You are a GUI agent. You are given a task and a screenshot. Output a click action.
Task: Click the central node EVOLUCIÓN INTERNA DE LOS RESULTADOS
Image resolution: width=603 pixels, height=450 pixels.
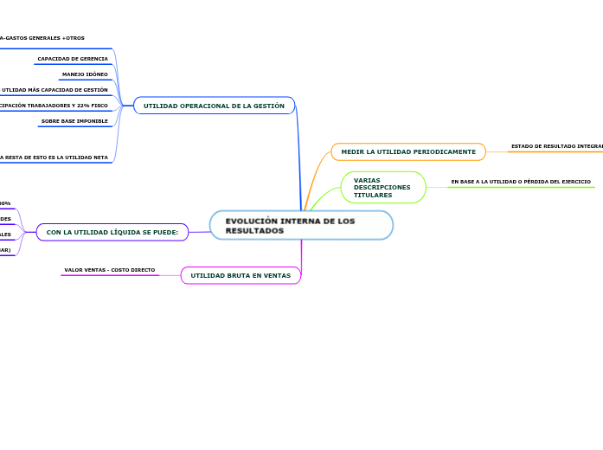coord(301,225)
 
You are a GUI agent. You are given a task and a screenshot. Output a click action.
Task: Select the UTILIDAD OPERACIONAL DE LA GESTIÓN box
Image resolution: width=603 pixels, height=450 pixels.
coord(214,106)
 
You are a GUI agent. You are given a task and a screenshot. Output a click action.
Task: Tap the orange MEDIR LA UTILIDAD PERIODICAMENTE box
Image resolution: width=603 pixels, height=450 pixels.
coord(408,151)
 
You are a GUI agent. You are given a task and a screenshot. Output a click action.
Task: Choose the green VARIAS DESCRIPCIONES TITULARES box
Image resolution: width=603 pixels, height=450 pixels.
coord(382,188)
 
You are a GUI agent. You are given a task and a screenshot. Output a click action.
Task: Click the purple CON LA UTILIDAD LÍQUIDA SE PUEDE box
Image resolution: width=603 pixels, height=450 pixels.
coord(112,232)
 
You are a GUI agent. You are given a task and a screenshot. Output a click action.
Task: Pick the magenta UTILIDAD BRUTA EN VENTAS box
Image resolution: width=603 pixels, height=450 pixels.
coord(241,275)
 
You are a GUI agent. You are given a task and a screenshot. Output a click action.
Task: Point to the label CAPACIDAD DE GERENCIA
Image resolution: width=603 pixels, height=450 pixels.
coord(73,59)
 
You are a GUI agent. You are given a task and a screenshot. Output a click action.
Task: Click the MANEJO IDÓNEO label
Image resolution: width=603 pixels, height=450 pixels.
coord(85,74)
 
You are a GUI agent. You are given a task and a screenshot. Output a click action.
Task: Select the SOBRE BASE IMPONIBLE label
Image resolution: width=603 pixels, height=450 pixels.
coord(74,121)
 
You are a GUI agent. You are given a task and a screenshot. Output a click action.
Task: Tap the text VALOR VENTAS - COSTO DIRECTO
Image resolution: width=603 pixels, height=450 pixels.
coord(110,270)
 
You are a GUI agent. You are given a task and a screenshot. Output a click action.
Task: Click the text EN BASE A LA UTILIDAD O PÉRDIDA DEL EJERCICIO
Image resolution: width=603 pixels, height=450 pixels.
coord(521,182)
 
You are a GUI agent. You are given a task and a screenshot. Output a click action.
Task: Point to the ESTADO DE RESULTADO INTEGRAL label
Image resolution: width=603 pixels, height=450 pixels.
coord(556,146)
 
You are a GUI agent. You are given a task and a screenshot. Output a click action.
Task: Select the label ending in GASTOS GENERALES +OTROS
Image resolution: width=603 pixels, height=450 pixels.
coord(43,38)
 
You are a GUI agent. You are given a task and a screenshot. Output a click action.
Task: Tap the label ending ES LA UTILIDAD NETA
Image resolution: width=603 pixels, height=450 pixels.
coord(54,157)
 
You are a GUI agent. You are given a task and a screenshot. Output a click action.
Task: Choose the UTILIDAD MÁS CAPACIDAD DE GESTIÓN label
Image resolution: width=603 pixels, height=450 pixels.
coord(55,90)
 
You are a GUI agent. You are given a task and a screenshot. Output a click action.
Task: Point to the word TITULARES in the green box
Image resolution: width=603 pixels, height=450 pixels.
coord(373,196)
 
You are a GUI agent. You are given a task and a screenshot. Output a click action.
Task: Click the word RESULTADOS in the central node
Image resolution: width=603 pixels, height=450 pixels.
coord(254,231)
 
